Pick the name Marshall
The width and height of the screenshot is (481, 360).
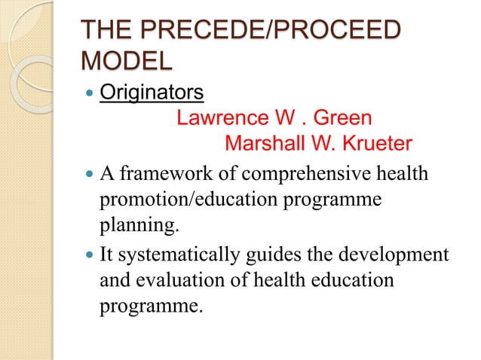[271, 143]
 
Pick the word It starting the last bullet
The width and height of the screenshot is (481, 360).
[106, 255]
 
